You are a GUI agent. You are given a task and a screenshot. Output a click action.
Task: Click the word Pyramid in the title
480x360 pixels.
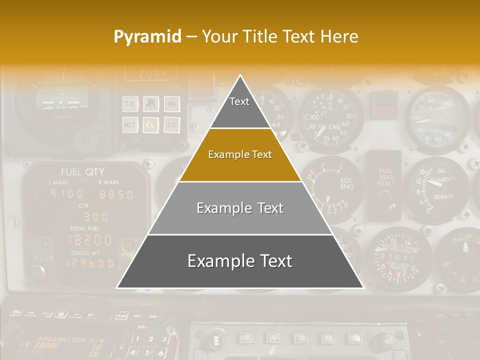click(147, 36)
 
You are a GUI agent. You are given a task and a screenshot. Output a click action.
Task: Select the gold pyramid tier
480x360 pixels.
click(240, 154)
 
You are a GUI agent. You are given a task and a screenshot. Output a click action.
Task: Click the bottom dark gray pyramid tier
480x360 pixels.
click(240, 261)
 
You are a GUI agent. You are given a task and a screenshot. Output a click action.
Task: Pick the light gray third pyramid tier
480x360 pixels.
click(240, 208)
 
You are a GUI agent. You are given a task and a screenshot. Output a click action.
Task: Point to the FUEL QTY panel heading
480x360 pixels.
click(82, 172)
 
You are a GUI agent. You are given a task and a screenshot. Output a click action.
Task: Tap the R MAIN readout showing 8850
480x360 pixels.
click(115, 194)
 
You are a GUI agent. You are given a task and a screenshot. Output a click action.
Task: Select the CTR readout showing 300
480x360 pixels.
click(95, 216)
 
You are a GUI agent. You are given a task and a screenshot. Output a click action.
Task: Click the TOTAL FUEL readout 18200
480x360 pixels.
click(90, 239)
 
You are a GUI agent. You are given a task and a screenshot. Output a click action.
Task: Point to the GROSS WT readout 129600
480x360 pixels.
click(90, 263)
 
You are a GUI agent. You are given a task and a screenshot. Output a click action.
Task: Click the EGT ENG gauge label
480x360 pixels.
click(346, 183)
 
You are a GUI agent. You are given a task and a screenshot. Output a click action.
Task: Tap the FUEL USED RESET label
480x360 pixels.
click(385, 177)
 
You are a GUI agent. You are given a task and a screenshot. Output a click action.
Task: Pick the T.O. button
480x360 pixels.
click(130, 104)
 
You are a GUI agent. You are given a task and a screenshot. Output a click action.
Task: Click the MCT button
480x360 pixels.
click(130, 124)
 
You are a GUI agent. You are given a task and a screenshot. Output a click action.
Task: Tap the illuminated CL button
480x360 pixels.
click(150, 124)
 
